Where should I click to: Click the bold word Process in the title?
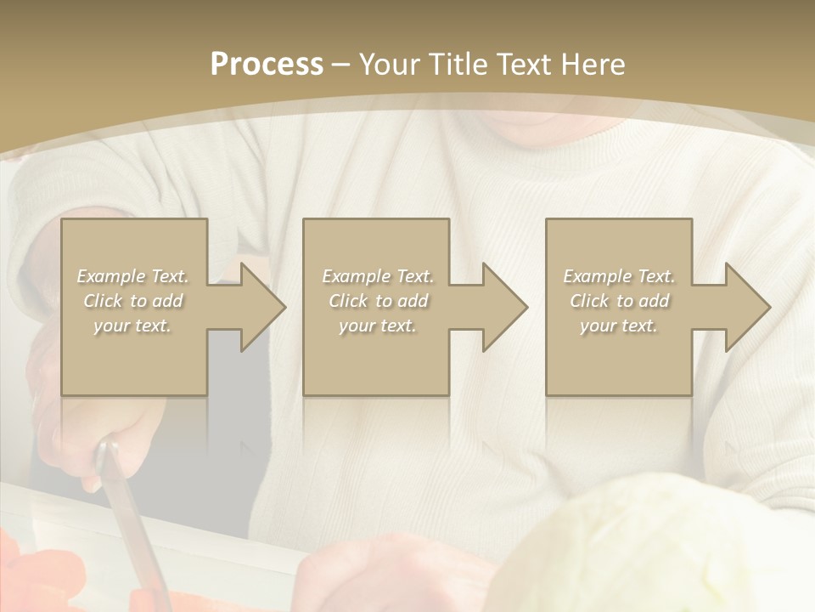click(267, 65)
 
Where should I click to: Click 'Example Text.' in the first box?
click(132, 276)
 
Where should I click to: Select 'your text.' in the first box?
click(132, 326)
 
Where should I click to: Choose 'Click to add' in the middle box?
click(378, 301)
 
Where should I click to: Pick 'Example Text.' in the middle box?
click(378, 276)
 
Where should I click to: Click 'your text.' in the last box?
click(619, 326)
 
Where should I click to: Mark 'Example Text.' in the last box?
click(619, 276)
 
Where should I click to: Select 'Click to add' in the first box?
click(132, 301)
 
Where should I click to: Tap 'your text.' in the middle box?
click(378, 326)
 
